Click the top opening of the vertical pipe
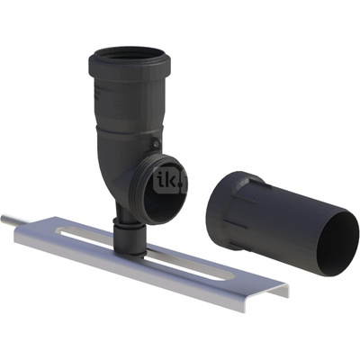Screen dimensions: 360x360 click(x=130, y=56)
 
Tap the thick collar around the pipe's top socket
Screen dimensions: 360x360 click(x=130, y=67)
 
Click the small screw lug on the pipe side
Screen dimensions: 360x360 click(x=156, y=143)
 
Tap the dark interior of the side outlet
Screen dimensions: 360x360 click(x=164, y=198)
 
